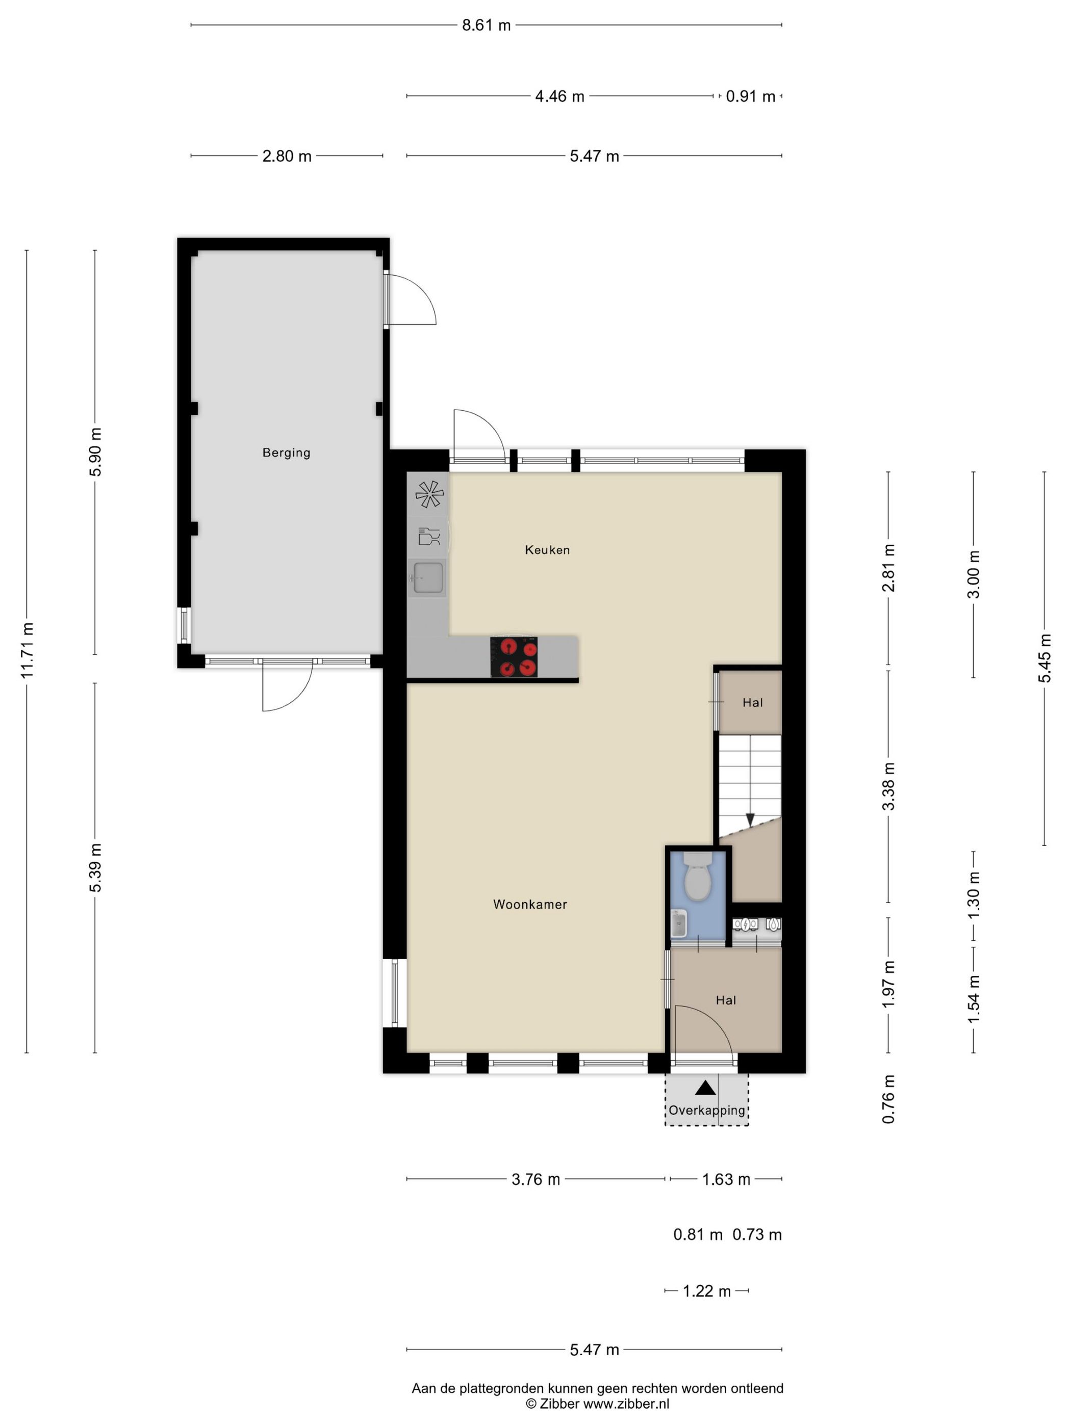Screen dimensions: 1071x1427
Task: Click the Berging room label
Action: click(x=286, y=453)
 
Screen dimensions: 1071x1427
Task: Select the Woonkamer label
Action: click(x=530, y=905)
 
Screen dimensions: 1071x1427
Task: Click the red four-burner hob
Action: click(x=514, y=657)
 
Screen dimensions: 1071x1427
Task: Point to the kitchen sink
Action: click(x=428, y=577)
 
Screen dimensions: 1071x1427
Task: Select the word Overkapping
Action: click(x=707, y=1110)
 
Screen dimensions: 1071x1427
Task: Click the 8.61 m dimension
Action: click(x=486, y=25)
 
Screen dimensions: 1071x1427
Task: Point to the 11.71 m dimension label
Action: click(x=27, y=650)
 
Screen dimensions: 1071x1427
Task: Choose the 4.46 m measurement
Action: click(x=559, y=96)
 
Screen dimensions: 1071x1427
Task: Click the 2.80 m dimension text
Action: click(x=287, y=156)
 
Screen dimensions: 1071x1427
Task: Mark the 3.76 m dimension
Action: click(x=536, y=1179)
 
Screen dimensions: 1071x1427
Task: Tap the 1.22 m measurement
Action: click(x=707, y=1291)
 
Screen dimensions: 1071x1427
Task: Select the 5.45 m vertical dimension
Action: click(x=1044, y=658)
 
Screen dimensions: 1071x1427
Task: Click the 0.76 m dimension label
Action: click(x=889, y=1099)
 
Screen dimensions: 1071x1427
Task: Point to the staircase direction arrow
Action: click(x=750, y=820)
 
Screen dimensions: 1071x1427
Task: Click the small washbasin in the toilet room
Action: click(x=678, y=924)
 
